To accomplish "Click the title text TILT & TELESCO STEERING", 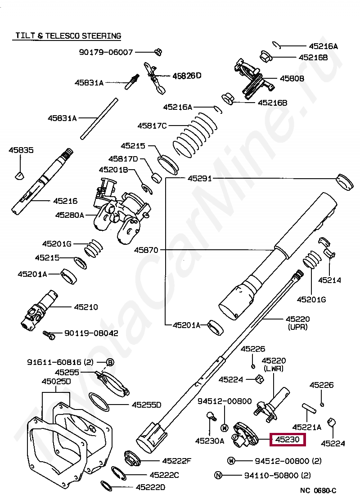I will [x=68, y=36].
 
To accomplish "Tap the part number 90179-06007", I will [x=106, y=52].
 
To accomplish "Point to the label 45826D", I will [x=187, y=76].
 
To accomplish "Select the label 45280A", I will [x=70, y=215].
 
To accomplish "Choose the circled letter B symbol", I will [x=110, y=362].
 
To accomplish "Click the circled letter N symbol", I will [x=218, y=475].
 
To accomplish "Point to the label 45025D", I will [x=56, y=382].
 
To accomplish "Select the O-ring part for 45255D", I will [x=99, y=401].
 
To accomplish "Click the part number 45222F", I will [x=177, y=460].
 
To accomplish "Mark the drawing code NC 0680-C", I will [x=318, y=490].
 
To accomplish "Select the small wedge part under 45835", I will [x=19, y=175].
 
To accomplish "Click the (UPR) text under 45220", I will [x=297, y=327].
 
